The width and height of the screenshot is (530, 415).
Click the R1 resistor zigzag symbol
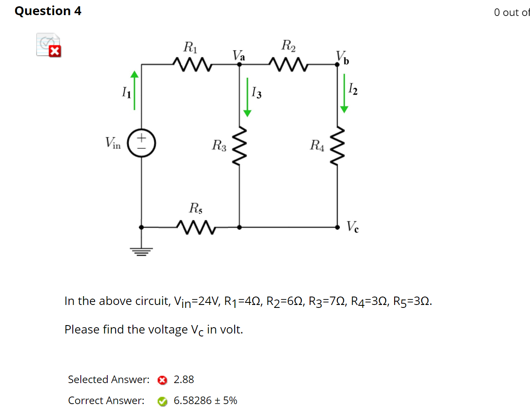191,64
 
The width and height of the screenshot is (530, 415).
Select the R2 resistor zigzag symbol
289,64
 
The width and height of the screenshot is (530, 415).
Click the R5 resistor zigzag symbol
196,227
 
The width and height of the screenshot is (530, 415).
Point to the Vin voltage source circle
142,143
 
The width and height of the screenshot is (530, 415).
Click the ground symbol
141,251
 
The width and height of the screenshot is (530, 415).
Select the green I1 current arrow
134,90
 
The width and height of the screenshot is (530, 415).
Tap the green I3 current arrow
247,97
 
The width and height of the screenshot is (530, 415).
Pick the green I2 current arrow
344,94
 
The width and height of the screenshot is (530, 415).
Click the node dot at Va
239,64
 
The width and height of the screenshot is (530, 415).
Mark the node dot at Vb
337,64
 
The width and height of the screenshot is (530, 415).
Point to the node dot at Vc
337,227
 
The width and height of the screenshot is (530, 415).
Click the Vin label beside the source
113,143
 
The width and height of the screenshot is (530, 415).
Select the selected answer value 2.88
184,380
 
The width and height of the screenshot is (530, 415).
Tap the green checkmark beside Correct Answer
162,402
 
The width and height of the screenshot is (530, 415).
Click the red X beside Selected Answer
162,380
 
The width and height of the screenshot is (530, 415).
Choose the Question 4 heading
48,11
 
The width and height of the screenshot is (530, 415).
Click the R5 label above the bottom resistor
196,208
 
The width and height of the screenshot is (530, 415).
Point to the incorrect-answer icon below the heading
49,45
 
